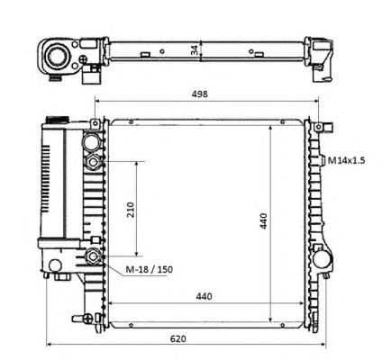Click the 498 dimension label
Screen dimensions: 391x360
coord(200,94)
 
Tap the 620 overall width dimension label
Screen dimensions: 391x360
coord(178,339)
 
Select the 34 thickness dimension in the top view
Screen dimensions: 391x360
coord(195,49)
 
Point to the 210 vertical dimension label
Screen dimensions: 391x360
coord(131,210)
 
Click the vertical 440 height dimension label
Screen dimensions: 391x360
coord(263,220)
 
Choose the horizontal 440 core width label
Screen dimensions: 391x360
coord(204,296)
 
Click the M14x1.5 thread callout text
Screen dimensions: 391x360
coord(346,160)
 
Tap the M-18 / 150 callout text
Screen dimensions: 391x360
coord(149,269)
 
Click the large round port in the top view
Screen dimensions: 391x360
coord(56,56)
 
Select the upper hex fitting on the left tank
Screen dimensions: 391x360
coord(93,162)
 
